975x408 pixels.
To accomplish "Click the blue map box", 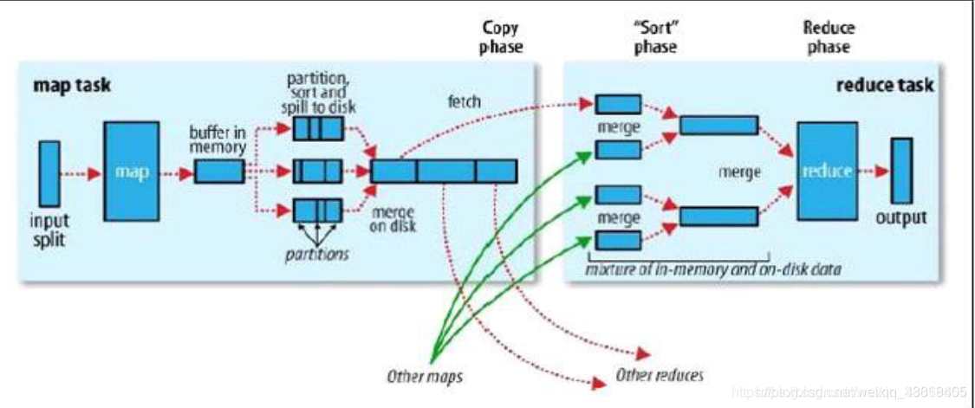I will pyautogui.click(x=132, y=172).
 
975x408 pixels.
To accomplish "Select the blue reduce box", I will pyautogui.click(x=826, y=172).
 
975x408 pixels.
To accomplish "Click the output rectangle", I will pyautogui.click(x=901, y=172).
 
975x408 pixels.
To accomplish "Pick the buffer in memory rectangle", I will pyautogui.click(x=218, y=172).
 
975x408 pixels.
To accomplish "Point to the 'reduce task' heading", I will pyautogui.click(x=884, y=85).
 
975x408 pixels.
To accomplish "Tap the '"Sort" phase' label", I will pyautogui.click(x=655, y=36).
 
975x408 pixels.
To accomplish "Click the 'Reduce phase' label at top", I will pyautogui.click(x=829, y=36).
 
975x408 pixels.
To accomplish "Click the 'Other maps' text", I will pyautogui.click(x=423, y=377).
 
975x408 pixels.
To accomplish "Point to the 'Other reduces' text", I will pyautogui.click(x=659, y=375).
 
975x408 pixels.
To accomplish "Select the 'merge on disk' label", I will pyautogui.click(x=392, y=220).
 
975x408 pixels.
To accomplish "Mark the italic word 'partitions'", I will pyautogui.click(x=317, y=254).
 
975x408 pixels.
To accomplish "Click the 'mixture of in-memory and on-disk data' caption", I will pyautogui.click(x=712, y=270).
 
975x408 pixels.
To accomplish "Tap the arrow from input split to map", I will pyautogui.click(x=81, y=172).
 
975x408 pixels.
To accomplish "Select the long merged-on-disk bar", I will pyautogui.click(x=443, y=172).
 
